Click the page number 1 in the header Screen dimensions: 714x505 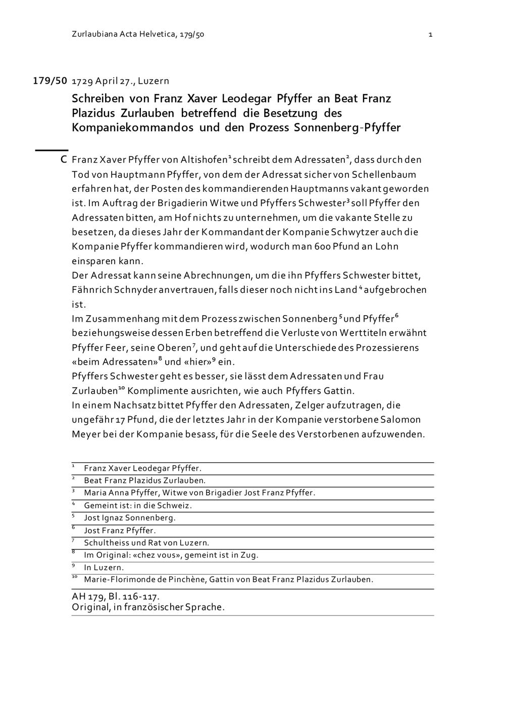pyautogui.click(x=430, y=35)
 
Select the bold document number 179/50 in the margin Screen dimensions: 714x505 pyautogui.click(x=50, y=81)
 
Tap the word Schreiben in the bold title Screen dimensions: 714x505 pyautogui.click(x=97, y=98)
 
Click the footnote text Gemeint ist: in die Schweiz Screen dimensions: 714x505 pyautogui.click(x=138, y=505)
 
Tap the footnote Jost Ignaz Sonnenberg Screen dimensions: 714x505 pyautogui.click(x=130, y=518)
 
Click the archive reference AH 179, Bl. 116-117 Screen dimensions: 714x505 pyautogui.click(x=116, y=596)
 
